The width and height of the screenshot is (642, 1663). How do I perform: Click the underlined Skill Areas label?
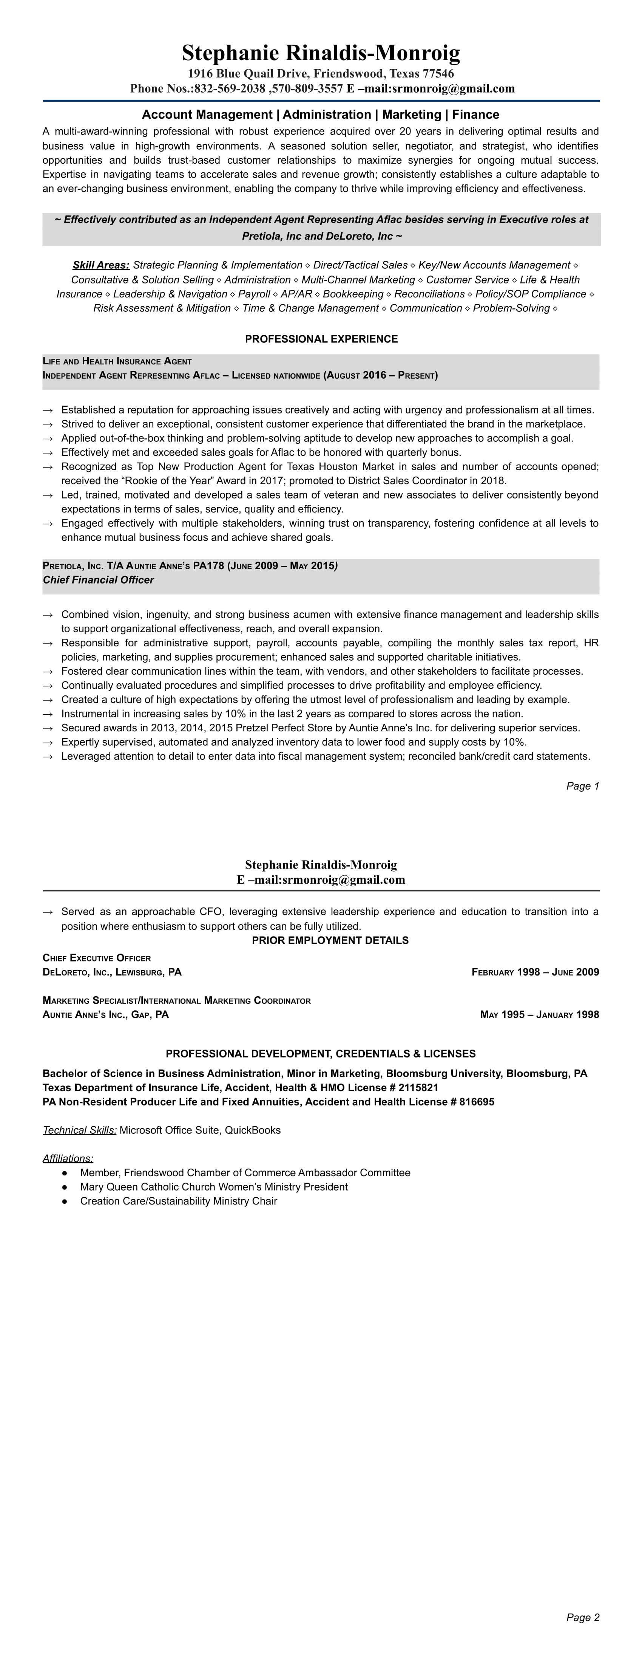pos(101,265)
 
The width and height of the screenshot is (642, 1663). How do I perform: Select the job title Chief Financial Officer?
pos(99,580)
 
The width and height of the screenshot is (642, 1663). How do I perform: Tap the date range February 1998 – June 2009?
pos(535,972)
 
